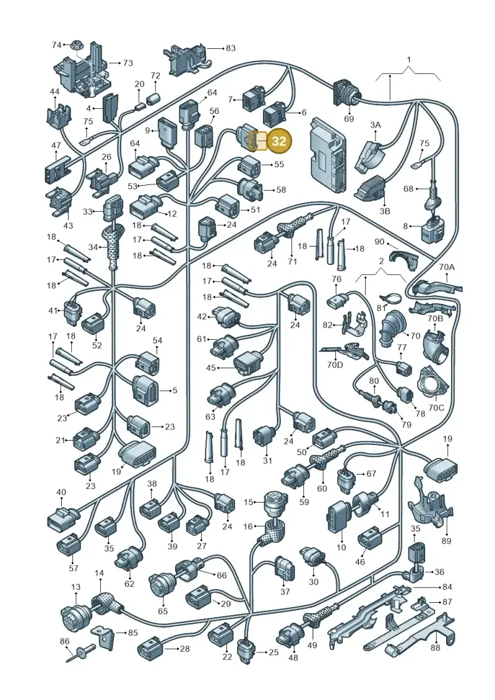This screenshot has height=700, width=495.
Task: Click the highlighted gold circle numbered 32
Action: click(279, 141)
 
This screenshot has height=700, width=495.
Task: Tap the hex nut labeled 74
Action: click(74, 45)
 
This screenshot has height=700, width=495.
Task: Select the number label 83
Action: click(230, 48)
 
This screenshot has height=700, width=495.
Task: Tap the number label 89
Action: click(446, 540)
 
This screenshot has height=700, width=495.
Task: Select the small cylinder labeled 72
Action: click(155, 98)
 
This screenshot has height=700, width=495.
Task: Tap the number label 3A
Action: click(376, 125)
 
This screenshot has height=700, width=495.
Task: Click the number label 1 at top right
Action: click(409, 59)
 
